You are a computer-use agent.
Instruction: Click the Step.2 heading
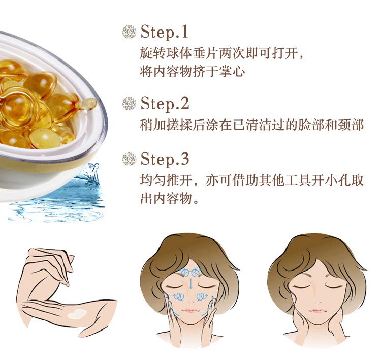[165, 104]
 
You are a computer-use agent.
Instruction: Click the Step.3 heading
[165, 159]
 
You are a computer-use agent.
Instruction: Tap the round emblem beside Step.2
[130, 104]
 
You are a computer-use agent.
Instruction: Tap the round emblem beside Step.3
[130, 159]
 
